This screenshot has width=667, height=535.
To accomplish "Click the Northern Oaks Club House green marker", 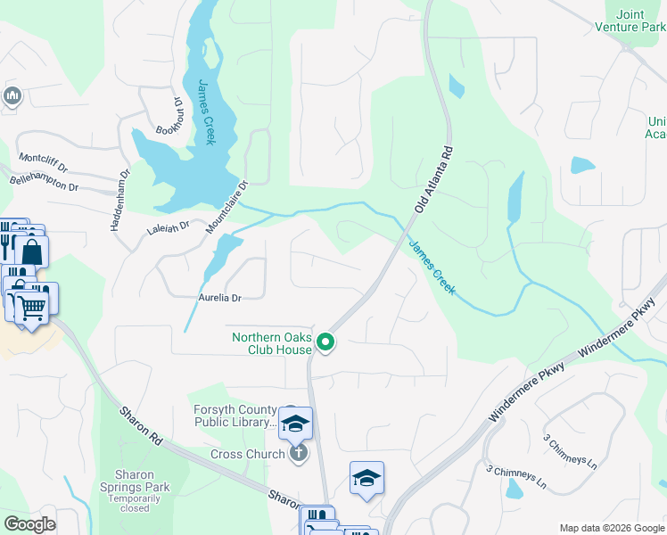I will (326, 342).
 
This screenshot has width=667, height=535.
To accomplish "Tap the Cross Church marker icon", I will (299, 454).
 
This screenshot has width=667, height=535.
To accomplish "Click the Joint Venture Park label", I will (641, 21).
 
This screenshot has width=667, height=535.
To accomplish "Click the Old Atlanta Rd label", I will (432, 179).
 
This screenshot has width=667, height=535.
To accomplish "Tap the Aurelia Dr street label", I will (219, 297).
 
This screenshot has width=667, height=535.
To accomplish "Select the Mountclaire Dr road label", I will (225, 203).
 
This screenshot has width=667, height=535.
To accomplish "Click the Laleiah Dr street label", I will (168, 228).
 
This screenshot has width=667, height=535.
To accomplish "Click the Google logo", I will (29, 524).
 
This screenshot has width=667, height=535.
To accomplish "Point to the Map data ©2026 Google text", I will (611, 528).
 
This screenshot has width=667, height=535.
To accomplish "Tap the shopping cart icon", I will (33, 308).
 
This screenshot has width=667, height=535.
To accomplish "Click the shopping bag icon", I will (31, 252).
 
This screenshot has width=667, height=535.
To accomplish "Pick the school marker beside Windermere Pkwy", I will (366, 479).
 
